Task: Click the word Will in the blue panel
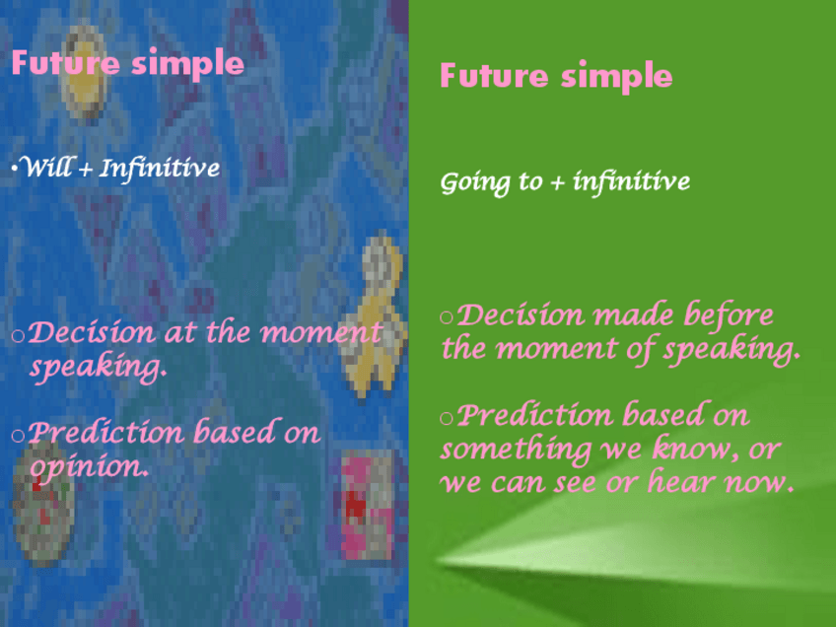47,167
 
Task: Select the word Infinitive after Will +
160,169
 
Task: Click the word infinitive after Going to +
631,181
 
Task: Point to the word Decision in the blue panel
91,332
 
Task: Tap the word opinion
89,467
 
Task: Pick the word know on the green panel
696,448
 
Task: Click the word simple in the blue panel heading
187,64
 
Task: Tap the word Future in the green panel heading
494,75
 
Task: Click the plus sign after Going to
557,183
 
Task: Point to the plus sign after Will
85,171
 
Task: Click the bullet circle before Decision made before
447,317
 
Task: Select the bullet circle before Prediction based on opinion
18,436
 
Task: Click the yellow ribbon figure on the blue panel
375,314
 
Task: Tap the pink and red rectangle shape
367,505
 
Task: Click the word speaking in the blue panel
99,368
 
